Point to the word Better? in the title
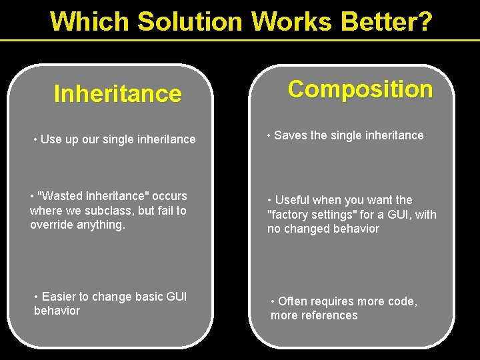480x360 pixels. pos(386,21)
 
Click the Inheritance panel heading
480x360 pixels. pos(117,94)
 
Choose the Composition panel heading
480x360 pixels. pos(360,89)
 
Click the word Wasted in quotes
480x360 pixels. pos(62,196)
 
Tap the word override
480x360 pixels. pos(49,225)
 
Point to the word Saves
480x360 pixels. pos(290,135)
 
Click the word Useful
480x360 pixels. pos(293,200)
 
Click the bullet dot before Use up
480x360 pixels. pos(35,140)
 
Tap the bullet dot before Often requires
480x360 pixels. pos(273,301)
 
